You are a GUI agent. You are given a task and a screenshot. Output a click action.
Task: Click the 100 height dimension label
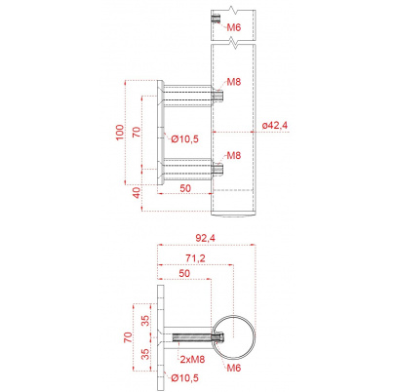120,133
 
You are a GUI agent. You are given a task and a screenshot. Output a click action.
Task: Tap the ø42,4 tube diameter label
275,125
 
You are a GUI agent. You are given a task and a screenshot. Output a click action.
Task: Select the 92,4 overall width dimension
205,238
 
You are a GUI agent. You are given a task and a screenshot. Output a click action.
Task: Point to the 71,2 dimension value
195,258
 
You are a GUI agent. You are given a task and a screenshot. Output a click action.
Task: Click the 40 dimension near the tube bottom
137,192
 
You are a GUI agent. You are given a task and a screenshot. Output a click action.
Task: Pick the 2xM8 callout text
192,359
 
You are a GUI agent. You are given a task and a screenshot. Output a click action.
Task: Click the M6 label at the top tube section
234,27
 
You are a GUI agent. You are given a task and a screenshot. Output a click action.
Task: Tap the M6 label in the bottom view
234,368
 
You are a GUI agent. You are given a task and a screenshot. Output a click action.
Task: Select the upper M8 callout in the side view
234,82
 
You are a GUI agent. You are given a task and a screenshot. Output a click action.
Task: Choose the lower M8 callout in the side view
234,155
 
